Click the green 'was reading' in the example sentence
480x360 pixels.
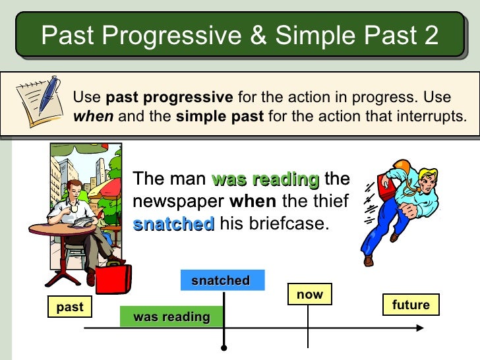coord(265,179)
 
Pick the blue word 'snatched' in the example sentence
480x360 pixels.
coord(173,224)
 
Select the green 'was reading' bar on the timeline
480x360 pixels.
coord(171,317)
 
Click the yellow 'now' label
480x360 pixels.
coord(309,295)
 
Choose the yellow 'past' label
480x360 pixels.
coord(70,307)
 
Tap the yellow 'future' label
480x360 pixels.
coord(410,305)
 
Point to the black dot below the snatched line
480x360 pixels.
coord(224,347)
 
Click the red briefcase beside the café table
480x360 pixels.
coord(113,278)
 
